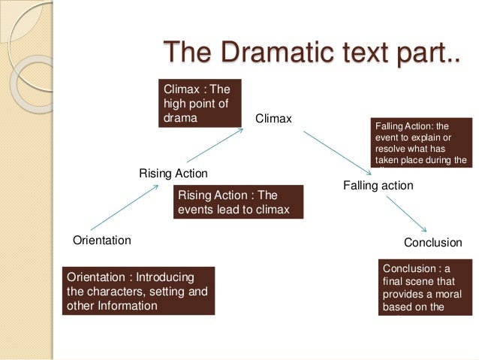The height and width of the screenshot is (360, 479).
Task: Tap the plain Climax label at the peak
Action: (x=273, y=119)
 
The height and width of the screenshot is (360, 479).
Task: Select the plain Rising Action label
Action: (x=173, y=174)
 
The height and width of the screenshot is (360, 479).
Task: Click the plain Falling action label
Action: (x=378, y=184)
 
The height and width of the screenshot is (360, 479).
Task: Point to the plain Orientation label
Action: (x=101, y=241)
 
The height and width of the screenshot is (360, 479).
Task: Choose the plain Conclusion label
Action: (x=432, y=243)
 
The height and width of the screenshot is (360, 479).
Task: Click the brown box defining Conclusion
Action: (x=426, y=287)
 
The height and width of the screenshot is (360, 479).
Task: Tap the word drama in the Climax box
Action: (x=179, y=118)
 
